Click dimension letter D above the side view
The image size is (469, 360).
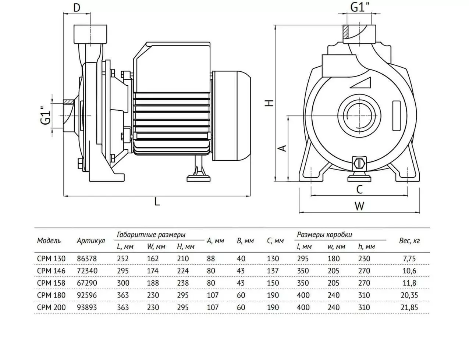pos(77,8)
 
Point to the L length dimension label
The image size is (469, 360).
pos(157,202)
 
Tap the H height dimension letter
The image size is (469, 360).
pos(269,103)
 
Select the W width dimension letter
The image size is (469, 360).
pos(359,206)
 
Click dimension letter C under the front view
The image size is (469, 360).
pos(359,190)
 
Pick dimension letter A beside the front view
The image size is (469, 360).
pos(283,148)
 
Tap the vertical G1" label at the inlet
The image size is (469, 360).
pos(46,115)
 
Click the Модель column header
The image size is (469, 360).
pos(49,240)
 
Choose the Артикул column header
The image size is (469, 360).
pos(91,241)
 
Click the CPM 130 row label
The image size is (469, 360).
pos(51,259)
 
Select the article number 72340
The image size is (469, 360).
pos(87,271)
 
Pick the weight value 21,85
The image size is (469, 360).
pos(409,307)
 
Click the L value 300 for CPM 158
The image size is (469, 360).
pos(123,283)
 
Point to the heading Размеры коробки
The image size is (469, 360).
pos(324,235)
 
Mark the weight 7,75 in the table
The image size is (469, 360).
pos(409,259)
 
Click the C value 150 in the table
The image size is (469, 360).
pos(273,283)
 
